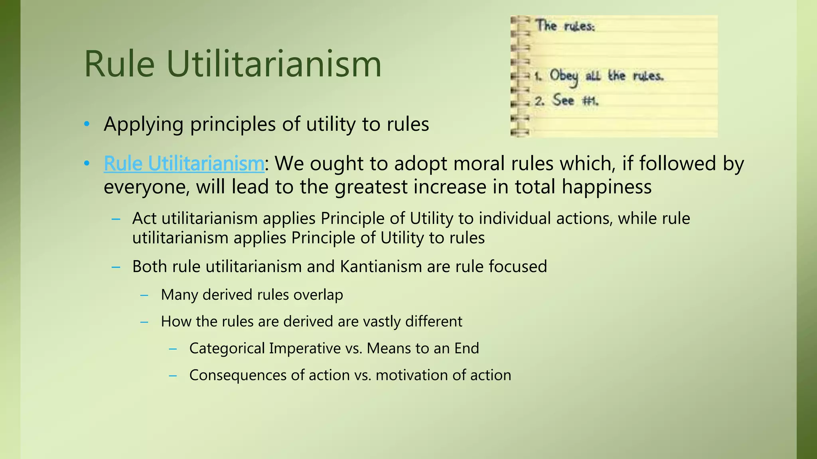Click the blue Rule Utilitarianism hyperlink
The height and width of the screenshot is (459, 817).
pyautogui.click(x=184, y=164)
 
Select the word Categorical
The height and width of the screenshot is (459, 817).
pyautogui.click(x=226, y=349)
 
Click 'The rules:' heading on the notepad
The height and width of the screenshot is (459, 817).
pyautogui.click(x=565, y=26)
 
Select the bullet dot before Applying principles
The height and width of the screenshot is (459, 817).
pyautogui.click(x=87, y=124)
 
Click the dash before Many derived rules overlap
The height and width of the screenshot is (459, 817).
pyautogui.click(x=144, y=295)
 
